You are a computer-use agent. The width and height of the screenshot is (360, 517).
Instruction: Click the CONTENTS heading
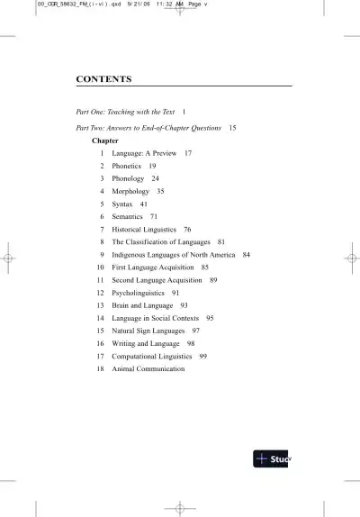[104, 79]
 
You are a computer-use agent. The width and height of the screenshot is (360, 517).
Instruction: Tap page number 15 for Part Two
[232, 128]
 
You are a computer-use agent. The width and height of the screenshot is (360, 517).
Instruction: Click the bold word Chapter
[105, 141]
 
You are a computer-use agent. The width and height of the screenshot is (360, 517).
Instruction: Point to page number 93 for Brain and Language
[184, 305]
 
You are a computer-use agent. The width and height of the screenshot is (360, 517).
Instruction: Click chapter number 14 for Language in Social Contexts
[101, 318]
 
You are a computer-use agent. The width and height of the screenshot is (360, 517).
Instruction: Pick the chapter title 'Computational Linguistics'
[151, 356]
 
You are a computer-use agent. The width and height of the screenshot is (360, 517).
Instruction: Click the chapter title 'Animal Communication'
[148, 368]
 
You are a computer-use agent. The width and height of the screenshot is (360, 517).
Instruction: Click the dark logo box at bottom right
[273, 458]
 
